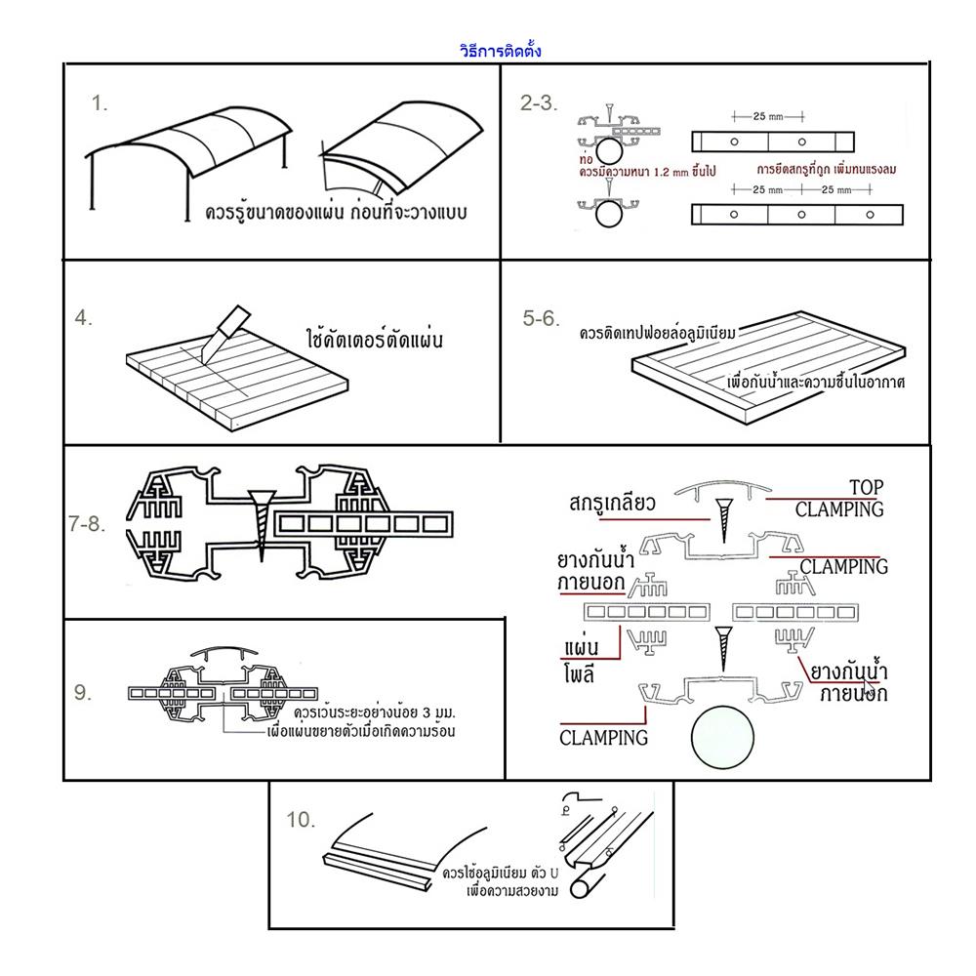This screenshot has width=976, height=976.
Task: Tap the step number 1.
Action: pyautogui.click(x=100, y=103)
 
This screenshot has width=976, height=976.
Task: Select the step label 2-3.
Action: pyautogui.click(x=538, y=103)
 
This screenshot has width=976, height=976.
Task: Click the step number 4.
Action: pyautogui.click(x=84, y=317)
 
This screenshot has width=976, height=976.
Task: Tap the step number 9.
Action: pyautogui.click(x=83, y=692)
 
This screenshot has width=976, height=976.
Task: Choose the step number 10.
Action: pyautogui.click(x=301, y=820)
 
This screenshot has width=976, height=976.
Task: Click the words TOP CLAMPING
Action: pyautogui.click(x=839, y=498)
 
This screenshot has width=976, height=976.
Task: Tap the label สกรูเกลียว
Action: pyautogui.click(x=625, y=504)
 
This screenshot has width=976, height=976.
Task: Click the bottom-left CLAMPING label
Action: pyautogui.click(x=603, y=737)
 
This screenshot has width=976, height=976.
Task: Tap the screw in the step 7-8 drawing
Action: pyautogui.click(x=262, y=518)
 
